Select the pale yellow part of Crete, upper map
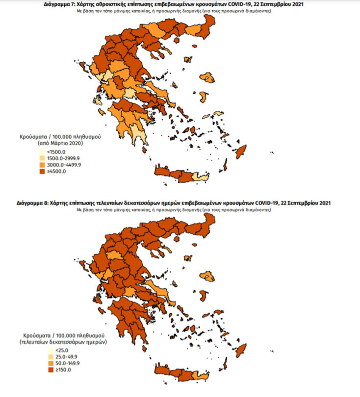click(x=198, y=176)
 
